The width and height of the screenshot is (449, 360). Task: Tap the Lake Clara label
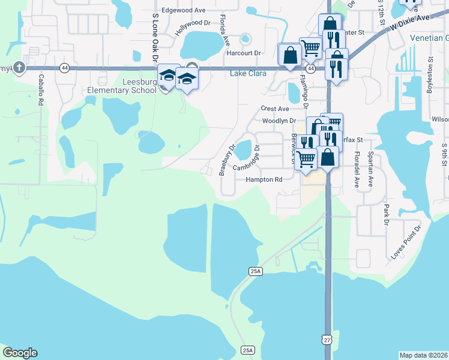[x=246, y=74]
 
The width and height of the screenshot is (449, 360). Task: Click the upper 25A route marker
[x=255, y=271]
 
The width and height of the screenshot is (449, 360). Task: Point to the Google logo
[x=20, y=352]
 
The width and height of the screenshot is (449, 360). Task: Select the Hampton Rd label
[x=264, y=179]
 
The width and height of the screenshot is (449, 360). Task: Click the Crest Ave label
[x=275, y=109]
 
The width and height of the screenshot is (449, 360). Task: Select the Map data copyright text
[x=424, y=355]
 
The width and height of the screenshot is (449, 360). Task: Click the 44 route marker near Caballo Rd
[x=64, y=68]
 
